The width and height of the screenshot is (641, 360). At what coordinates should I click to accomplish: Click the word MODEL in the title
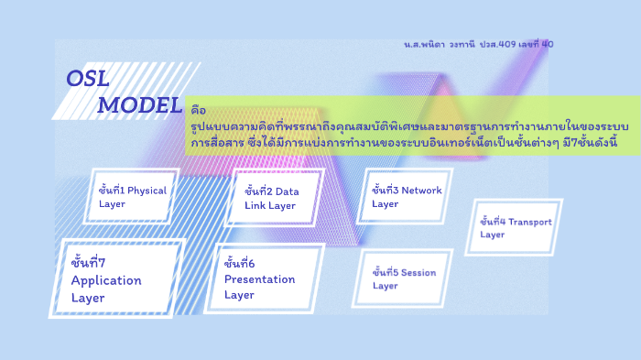click(139, 105)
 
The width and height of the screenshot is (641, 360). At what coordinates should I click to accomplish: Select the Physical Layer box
click(132, 197)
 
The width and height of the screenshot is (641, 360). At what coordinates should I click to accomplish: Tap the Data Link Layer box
click(277, 198)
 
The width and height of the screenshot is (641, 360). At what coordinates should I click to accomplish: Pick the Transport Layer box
click(516, 227)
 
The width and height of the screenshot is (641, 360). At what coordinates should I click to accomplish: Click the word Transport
click(530, 222)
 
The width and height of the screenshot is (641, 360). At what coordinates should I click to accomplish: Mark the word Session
click(418, 273)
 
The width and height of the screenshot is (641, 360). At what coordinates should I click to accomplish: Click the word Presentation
click(260, 279)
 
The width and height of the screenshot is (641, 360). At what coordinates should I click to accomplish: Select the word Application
click(106, 280)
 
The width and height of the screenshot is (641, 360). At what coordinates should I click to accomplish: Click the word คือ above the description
click(199, 108)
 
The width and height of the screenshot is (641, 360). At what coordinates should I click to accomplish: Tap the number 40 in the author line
click(548, 43)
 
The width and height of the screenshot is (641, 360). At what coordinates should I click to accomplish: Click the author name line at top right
click(477, 43)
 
